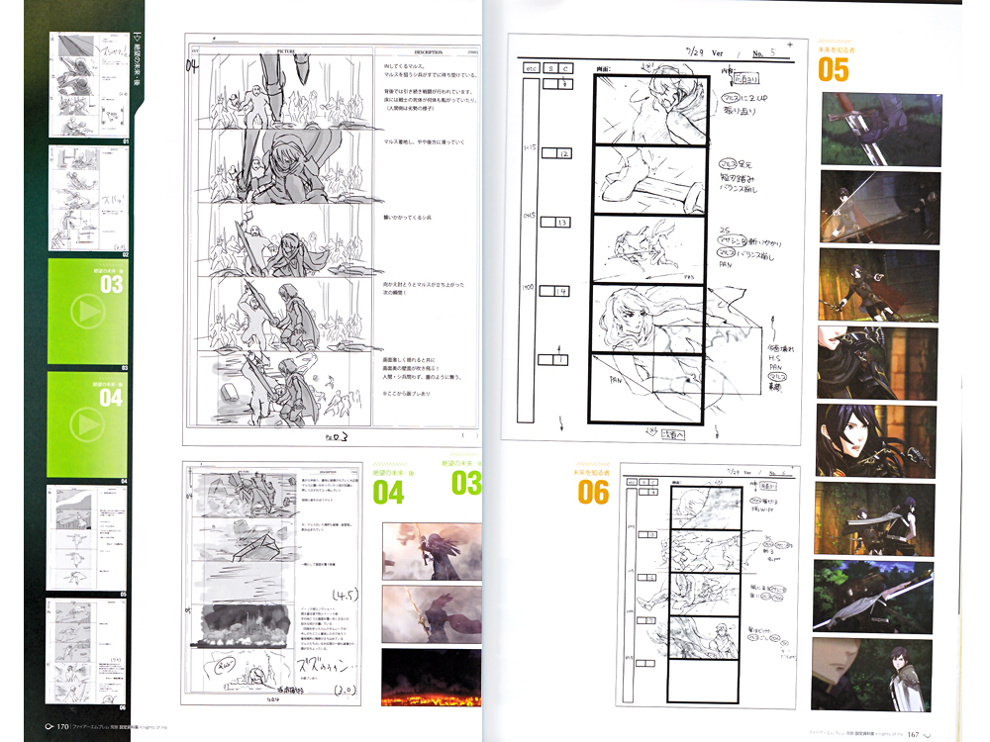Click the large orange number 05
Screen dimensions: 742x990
click(x=834, y=69)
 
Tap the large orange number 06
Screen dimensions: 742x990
click(x=593, y=491)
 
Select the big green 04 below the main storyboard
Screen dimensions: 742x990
click(x=388, y=492)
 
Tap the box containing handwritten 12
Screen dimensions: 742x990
click(x=562, y=154)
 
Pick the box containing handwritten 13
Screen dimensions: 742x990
click(x=562, y=223)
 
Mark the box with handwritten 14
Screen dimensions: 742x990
click(x=562, y=293)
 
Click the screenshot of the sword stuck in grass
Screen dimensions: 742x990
click(x=881, y=129)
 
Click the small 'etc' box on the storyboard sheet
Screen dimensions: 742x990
click(x=531, y=68)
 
